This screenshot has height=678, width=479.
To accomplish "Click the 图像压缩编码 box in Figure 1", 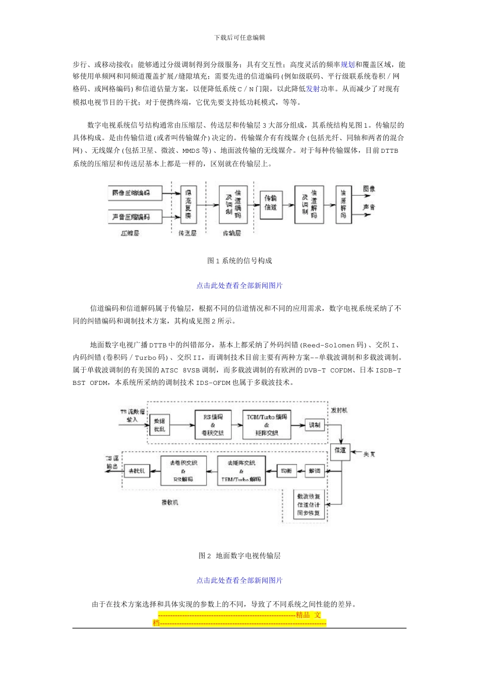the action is point(130,193).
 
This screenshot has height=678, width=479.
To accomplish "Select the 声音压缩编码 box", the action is point(130,217).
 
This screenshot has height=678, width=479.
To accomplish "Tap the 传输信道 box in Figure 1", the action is point(271,203).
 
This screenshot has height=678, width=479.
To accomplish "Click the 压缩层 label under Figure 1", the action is point(130,234).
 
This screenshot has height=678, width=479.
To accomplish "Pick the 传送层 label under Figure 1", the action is point(188,234).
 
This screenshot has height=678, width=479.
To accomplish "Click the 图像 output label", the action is point(369,189).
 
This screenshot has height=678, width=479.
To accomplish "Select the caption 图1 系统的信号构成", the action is point(239,261).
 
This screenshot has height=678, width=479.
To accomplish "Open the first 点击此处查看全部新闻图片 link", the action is point(239,286).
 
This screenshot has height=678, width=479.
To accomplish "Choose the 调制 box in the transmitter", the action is point(314,425).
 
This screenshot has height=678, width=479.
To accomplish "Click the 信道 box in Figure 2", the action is point(340,450).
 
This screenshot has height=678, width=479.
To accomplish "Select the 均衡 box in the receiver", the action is point(286,471).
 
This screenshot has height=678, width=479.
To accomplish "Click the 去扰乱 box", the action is point(137,471).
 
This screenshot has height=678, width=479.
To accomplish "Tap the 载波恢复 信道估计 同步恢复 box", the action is point(309,504).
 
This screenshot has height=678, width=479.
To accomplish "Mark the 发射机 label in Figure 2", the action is point(339,410).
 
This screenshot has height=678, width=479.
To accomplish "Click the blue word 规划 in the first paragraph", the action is point(348,65).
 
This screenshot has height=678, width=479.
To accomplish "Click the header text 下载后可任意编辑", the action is point(239,37).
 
